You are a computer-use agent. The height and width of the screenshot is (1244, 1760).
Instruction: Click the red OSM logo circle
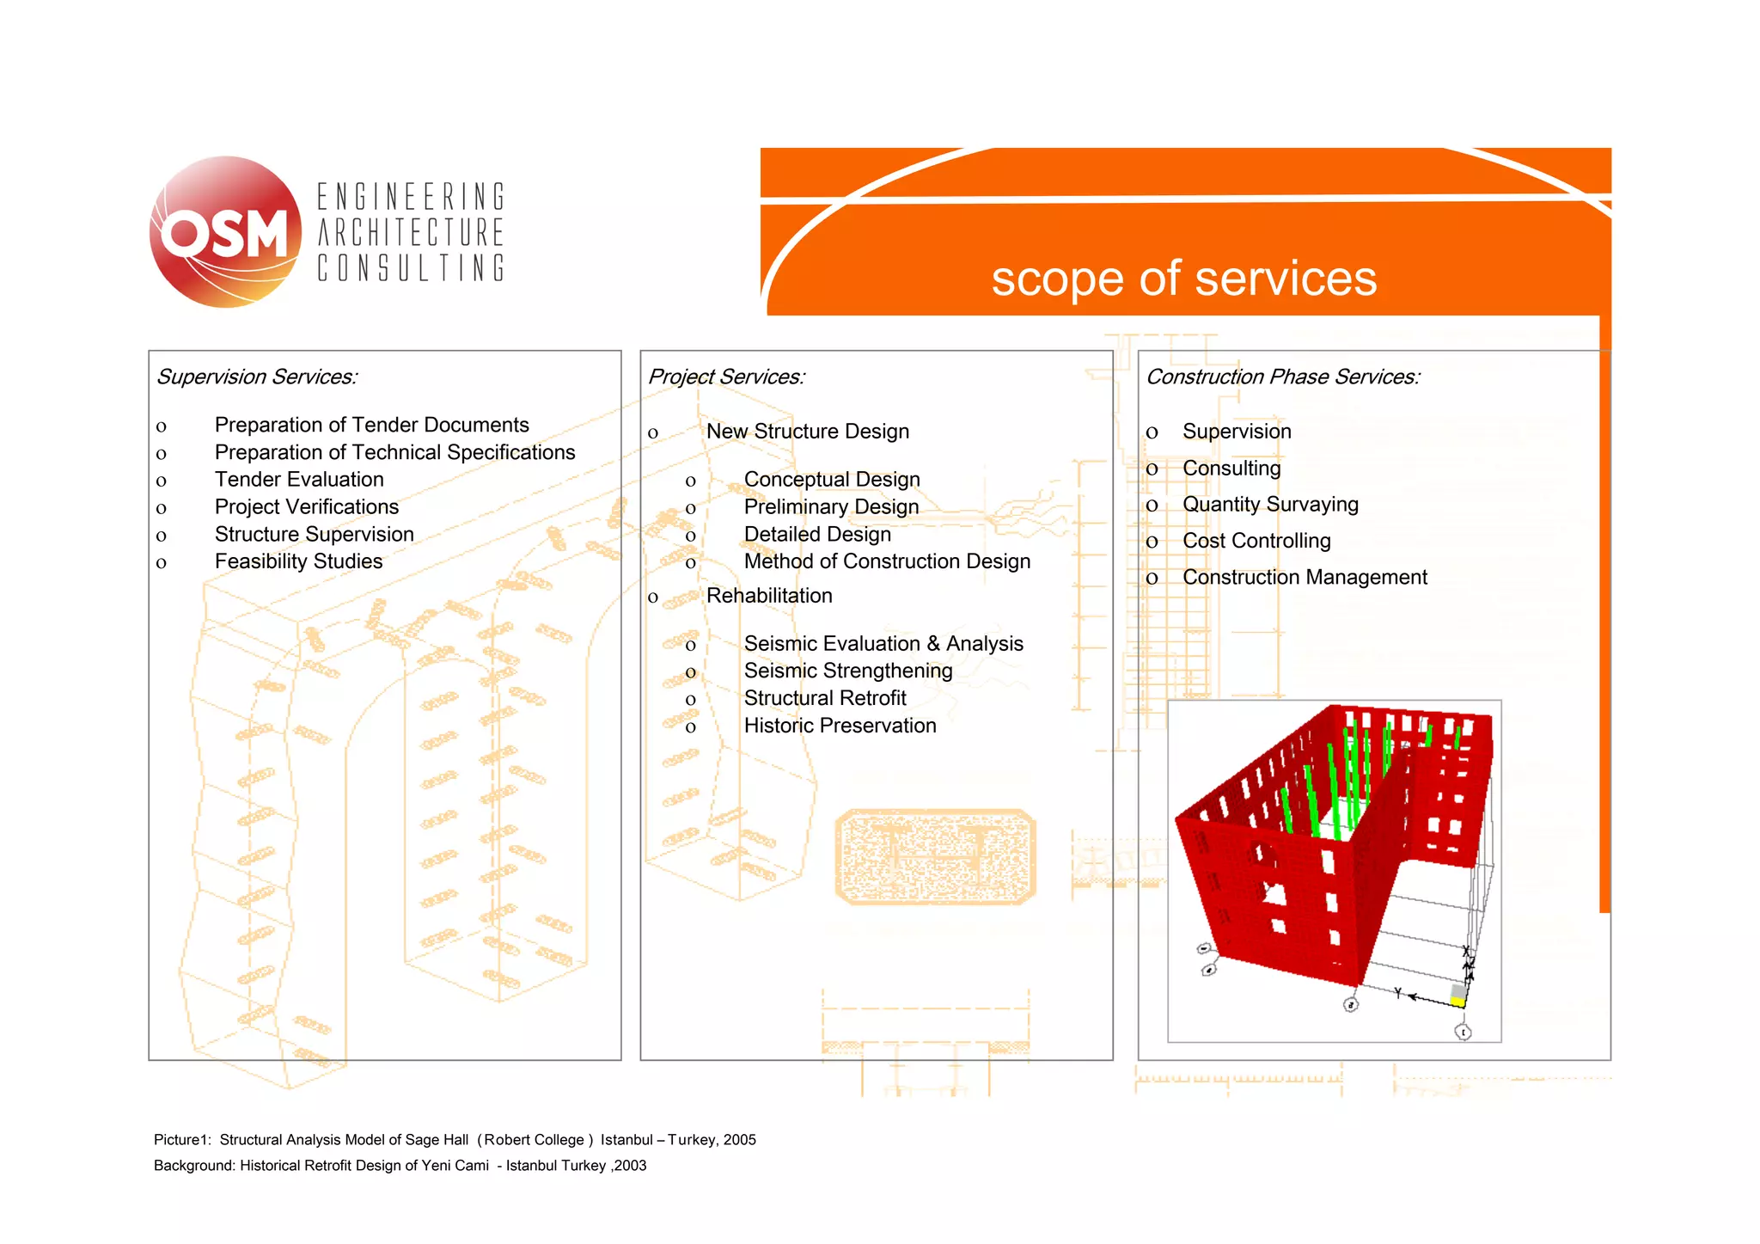pos(225,232)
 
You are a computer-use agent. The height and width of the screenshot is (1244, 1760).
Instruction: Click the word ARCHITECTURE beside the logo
pos(411,233)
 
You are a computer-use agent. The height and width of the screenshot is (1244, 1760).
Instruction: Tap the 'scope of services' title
pos(1183,279)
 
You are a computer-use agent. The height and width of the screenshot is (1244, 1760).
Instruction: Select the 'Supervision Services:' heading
pos(257,377)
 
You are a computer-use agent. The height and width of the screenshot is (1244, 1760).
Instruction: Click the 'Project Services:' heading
pos(726,377)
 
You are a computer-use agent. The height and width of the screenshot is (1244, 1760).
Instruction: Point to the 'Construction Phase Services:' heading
pos(1283,377)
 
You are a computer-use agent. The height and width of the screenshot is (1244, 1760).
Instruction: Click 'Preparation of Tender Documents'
pos(371,425)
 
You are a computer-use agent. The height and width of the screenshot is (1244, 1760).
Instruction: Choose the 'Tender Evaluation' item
pos(299,480)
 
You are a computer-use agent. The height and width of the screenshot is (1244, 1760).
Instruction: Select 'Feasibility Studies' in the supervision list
pos(298,561)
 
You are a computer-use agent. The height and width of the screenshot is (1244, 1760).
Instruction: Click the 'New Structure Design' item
pos(807,432)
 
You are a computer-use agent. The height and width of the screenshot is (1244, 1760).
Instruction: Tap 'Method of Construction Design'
pos(887,561)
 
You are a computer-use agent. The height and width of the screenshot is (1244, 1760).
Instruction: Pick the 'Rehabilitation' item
pos(769,596)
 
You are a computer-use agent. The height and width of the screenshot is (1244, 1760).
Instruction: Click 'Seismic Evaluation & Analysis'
pos(883,644)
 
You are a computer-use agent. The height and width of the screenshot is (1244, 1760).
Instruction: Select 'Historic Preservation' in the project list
pos(840,726)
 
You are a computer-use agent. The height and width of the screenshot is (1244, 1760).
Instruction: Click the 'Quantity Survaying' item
pos(1270,505)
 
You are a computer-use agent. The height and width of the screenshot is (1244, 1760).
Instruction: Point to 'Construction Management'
pos(1305,578)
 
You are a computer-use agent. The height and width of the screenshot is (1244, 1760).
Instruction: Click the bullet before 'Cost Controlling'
pos(1152,542)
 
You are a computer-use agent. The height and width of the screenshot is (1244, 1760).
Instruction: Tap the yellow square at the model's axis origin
pos(1457,1002)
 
